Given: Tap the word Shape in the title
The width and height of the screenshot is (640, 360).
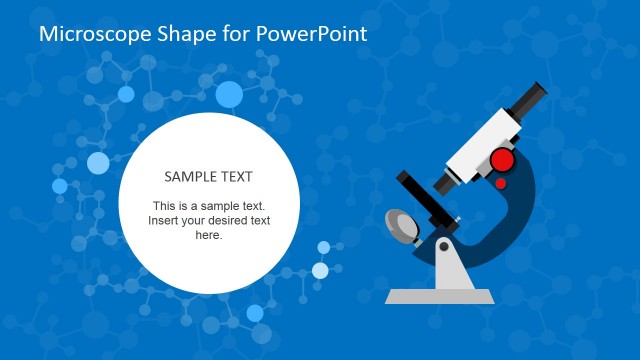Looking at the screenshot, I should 180,34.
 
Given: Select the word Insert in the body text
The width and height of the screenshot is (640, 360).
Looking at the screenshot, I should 165,221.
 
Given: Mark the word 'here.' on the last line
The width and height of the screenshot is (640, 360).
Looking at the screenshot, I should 209,235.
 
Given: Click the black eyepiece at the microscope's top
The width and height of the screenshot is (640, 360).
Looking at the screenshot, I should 529,99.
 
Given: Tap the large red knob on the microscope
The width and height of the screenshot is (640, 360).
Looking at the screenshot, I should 502,160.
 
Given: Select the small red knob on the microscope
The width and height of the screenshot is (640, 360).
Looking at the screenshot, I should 500,183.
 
